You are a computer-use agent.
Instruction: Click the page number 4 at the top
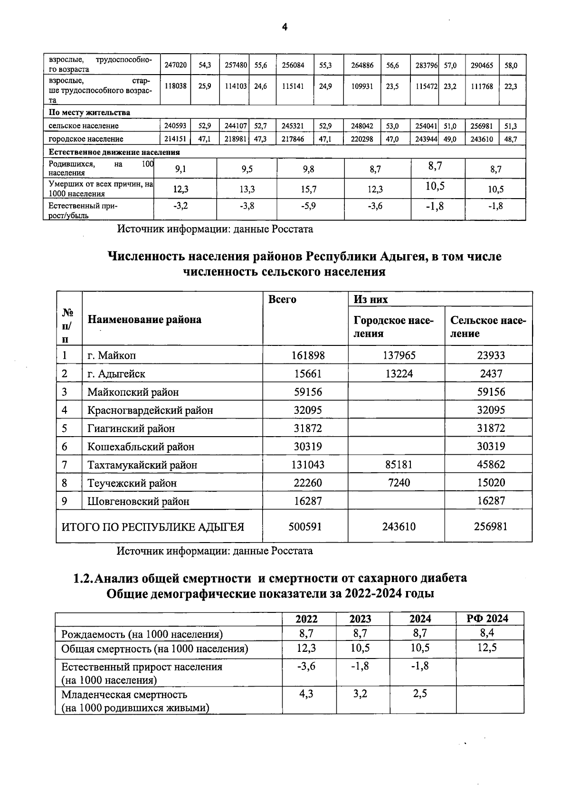(x=285, y=28)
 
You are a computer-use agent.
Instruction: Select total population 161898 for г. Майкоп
(x=307, y=355)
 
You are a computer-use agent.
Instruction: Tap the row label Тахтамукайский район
(x=142, y=465)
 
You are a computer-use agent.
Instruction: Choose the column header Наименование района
(x=144, y=320)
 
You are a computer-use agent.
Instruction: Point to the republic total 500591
(x=305, y=526)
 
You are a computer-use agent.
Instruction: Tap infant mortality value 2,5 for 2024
(x=420, y=694)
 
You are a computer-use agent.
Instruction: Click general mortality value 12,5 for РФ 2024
(x=487, y=648)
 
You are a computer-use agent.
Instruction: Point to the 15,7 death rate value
(x=308, y=190)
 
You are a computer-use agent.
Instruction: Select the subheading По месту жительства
(x=89, y=113)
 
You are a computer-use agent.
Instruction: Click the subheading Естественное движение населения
(x=114, y=153)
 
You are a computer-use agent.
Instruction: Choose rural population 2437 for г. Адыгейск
(x=491, y=374)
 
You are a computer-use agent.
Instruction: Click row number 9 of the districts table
(x=65, y=501)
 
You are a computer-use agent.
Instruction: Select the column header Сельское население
(x=488, y=326)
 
